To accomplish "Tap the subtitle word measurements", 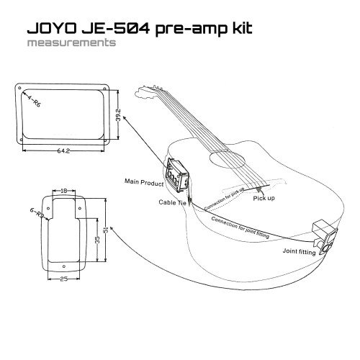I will (x=70, y=42).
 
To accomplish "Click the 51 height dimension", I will (x=106, y=230).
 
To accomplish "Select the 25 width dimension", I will (x=63, y=279).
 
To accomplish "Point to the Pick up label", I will (x=261, y=197).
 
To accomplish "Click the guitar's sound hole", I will (x=220, y=163).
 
